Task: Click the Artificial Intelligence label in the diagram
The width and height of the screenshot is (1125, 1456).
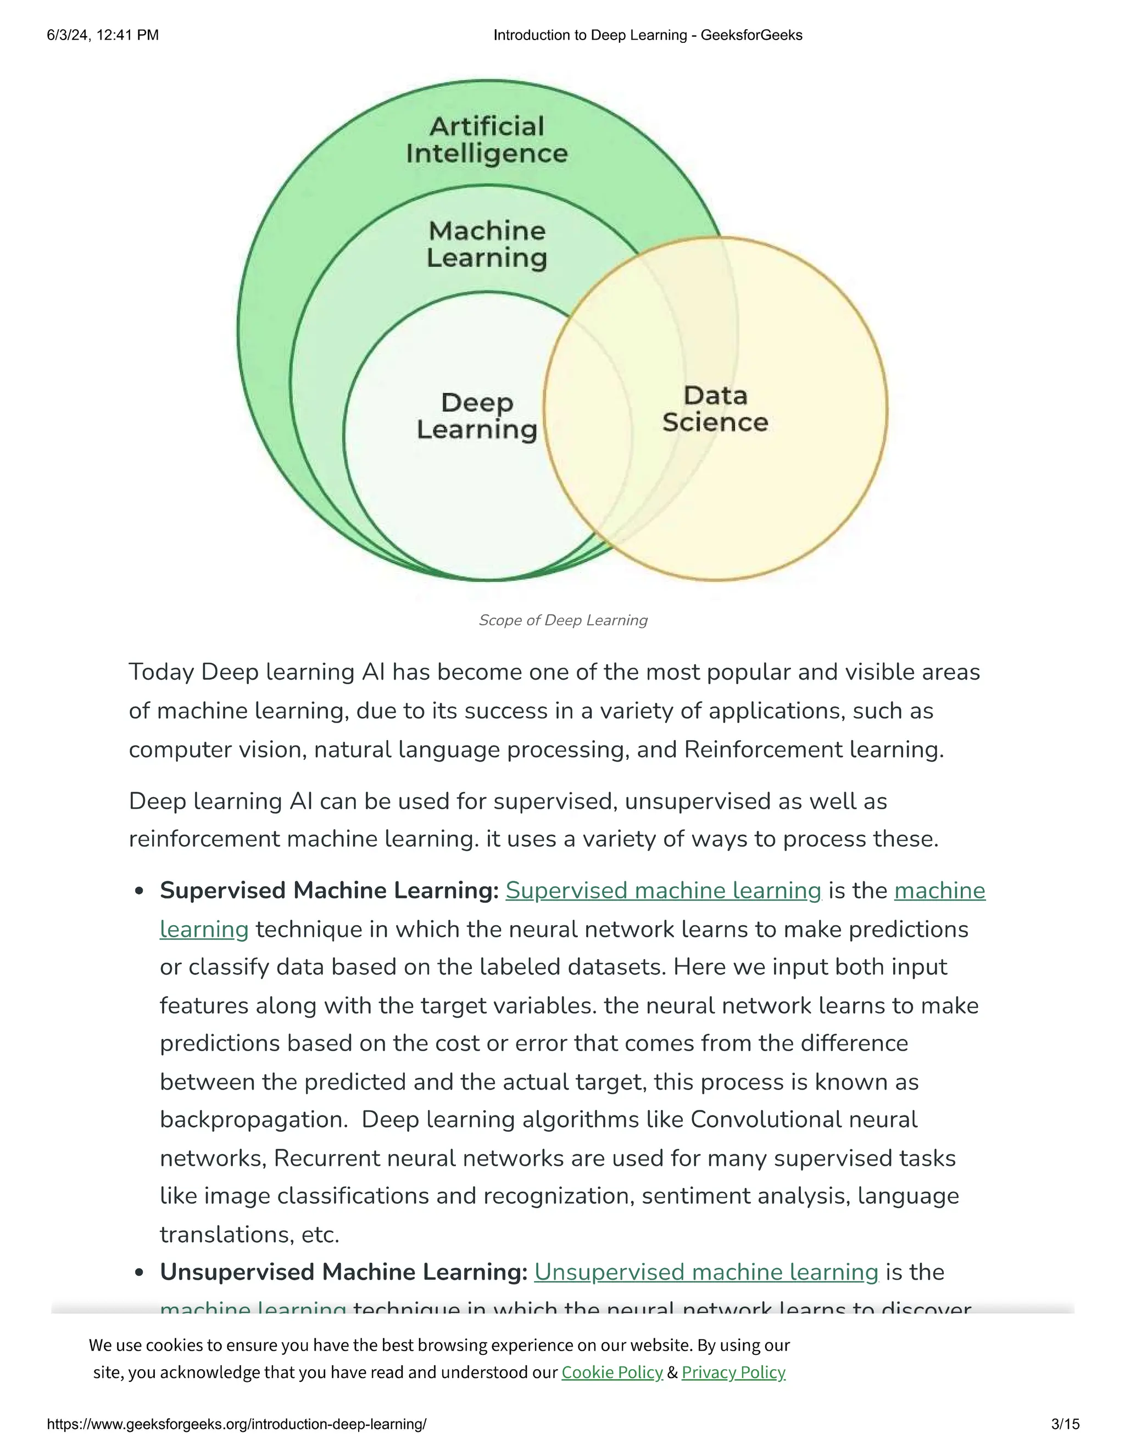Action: tap(487, 140)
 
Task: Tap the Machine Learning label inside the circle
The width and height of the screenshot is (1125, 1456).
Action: tap(487, 244)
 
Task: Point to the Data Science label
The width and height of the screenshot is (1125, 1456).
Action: tap(715, 409)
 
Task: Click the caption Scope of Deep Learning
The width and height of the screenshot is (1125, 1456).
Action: tap(562, 620)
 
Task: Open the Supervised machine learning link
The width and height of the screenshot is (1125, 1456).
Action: tap(663, 891)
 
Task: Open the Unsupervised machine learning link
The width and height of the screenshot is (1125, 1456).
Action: tap(706, 1272)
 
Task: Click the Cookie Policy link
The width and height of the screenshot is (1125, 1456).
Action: tap(612, 1372)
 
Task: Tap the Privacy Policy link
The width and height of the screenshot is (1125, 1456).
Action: tap(733, 1372)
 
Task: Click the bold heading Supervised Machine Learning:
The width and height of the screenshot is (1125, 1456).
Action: tap(329, 891)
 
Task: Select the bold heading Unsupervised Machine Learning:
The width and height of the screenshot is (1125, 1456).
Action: tap(344, 1272)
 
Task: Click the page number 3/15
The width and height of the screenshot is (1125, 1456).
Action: tap(1065, 1425)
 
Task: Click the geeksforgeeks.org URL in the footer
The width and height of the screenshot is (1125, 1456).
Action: tap(237, 1425)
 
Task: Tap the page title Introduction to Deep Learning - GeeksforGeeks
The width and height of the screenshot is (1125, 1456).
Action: tap(648, 35)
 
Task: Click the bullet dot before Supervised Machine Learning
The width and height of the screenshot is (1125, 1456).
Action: tap(140, 892)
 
